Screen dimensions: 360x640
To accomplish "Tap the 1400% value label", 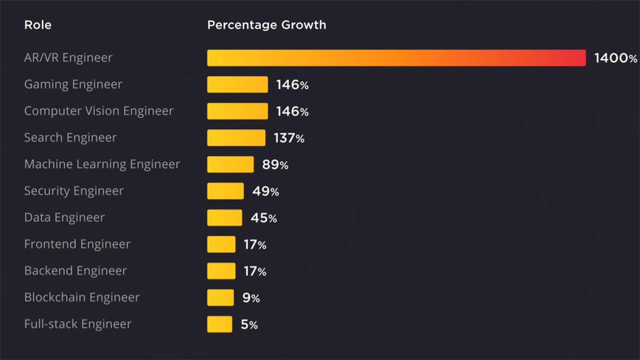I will [x=615, y=58].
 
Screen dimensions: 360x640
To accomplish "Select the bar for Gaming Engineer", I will [x=237, y=84].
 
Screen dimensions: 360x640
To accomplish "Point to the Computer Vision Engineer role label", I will [x=99, y=111].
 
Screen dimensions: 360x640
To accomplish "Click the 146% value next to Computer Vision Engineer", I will [x=292, y=111].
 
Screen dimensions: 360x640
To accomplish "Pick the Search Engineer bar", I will [x=236, y=138].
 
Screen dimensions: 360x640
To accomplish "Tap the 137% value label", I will [x=289, y=138].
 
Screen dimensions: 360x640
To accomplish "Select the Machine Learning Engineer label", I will [x=102, y=164].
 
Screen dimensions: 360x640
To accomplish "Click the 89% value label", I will [x=275, y=165].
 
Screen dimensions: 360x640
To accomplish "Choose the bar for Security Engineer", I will [x=225, y=191].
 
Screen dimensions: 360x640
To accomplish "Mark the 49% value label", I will [x=266, y=191].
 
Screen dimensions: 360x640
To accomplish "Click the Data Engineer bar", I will [x=225, y=218].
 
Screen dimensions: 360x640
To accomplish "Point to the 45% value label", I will [x=263, y=218].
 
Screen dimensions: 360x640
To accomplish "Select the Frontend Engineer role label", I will [x=77, y=244].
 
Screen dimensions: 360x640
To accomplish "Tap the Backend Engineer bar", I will [x=221, y=271].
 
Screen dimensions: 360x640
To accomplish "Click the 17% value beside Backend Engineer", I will [x=254, y=271].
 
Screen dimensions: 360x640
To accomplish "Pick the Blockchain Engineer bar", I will [x=220, y=298].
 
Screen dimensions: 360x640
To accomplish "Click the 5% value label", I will [x=249, y=325].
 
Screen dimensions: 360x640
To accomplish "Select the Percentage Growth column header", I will [x=267, y=25].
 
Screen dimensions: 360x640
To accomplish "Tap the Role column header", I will [x=38, y=25].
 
